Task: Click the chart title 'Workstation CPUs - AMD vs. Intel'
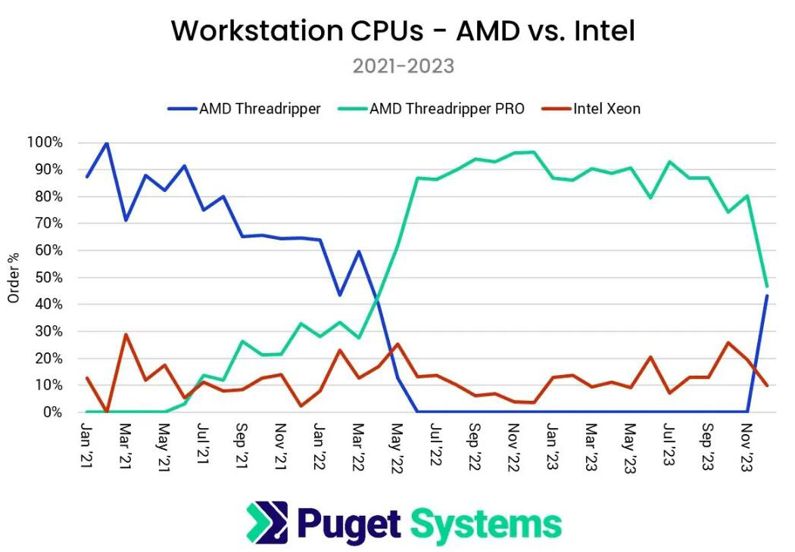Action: [x=403, y=30]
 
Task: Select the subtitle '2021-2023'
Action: [x=404, y=67]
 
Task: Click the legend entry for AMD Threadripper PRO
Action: [x=432, y=108]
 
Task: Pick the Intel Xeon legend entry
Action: [x=591, y=108]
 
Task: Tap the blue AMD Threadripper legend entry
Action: [x=245, y=108]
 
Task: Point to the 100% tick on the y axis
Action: [x=45, y=142]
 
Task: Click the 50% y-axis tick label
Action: [x=48, y=277]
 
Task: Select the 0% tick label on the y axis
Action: [x=53, y=411]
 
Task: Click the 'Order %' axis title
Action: [x=13, y=278]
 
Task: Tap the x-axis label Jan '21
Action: [x=87, y=445]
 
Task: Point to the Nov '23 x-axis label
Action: [x=746, y=448]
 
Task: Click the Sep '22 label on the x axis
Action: [x=474, y=447]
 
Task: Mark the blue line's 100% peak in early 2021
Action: [x=107, y=143]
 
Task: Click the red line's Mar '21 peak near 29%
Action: [x=126, y=334]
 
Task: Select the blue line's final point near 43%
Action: [x=766, y=296]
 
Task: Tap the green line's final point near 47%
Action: [x=766, y=286]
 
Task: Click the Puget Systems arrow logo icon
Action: [x=267, y=522]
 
